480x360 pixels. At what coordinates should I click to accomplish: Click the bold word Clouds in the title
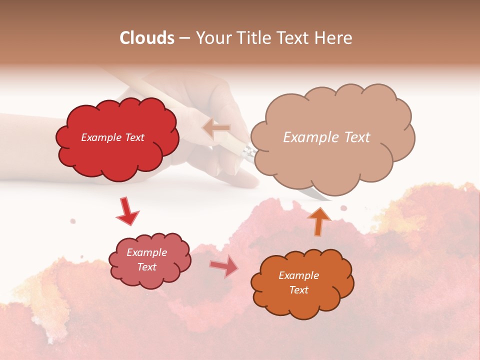[147, 38]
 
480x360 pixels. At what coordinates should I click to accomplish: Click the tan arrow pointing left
[216, 128]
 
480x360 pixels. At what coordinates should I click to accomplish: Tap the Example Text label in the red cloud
[112, 137]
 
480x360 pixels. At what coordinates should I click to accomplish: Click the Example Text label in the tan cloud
[326, 137]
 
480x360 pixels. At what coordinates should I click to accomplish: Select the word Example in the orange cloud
[298, 275]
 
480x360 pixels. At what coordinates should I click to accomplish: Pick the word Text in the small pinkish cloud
[147, 267]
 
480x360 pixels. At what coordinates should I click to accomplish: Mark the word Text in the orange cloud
[298, 290]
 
